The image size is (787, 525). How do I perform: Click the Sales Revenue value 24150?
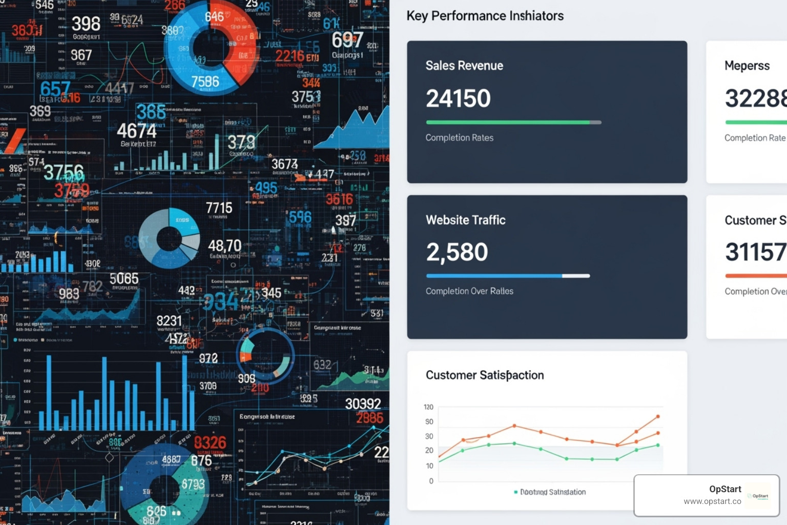pos(458,98)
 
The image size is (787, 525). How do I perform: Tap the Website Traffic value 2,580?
pos(457,252)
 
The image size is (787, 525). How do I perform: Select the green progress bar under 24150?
pos(507,123)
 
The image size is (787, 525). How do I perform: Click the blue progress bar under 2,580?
pos(494,276)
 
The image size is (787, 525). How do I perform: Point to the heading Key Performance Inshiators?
pos(485,16)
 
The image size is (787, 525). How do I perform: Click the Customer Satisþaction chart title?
pos(485,375)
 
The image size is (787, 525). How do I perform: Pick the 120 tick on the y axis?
pos(428,407)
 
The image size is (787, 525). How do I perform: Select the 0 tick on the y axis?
pos(431,481)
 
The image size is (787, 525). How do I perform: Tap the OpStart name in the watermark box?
pos(724,489)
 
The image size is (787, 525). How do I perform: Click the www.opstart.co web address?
pos(712,501)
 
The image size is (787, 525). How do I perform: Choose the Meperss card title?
pos(747,66)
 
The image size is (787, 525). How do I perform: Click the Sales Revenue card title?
pos(464,66)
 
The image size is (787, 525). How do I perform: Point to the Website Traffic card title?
pos(465,220)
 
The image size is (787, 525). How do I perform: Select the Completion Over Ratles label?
pos(469,291)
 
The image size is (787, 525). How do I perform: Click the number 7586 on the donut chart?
pos(205,82)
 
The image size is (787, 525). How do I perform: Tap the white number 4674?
pos(136,131)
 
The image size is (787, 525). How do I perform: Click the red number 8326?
pos(210,442)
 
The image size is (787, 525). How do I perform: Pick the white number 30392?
pos(363,404)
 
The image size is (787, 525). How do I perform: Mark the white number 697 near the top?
pos(347,39)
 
